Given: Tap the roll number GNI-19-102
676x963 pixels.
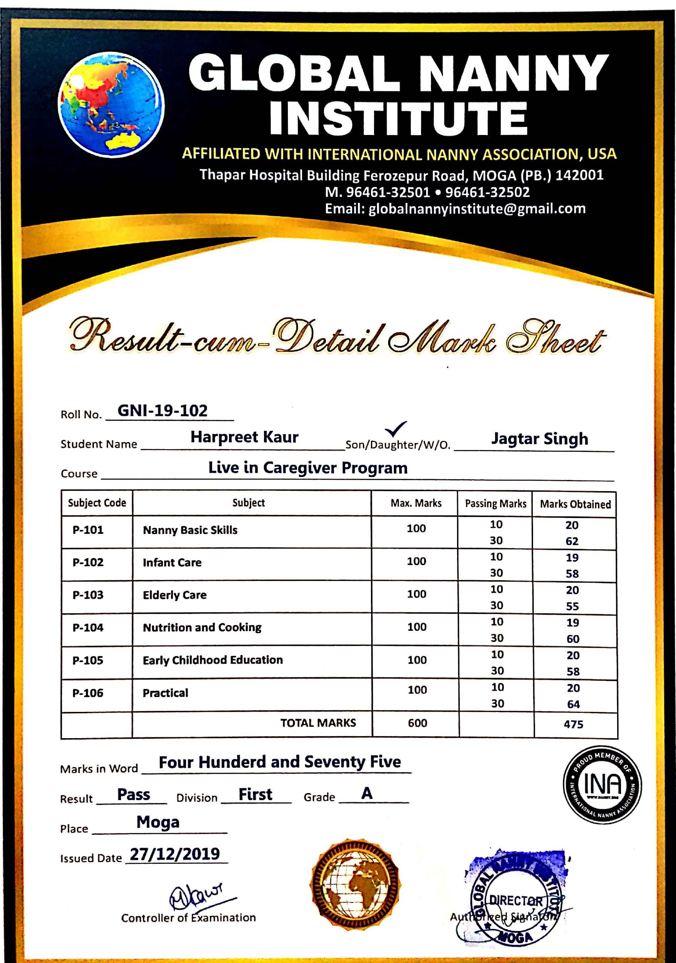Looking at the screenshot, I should [x=162, y=411].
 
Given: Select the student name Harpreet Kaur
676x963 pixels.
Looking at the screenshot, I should [x=244, y=437].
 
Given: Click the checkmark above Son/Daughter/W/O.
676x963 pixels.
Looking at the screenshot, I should [x=395, y=428].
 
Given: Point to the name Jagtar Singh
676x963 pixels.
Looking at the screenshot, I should [x=539, y=439].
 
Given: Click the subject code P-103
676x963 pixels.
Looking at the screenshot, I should [x=88, y=595].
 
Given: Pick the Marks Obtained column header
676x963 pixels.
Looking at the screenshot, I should [x=575, y=504].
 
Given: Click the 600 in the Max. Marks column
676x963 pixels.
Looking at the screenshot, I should [x=417, y=723].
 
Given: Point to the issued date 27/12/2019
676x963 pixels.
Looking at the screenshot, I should [x=175, y=854].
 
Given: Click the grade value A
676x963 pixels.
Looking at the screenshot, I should [x=367, y=793].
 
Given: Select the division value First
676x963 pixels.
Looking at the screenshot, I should [x=255, y=794].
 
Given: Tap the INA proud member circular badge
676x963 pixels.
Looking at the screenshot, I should [x=602, y=784].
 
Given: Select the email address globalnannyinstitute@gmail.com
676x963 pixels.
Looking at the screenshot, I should [x=477, y=209].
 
